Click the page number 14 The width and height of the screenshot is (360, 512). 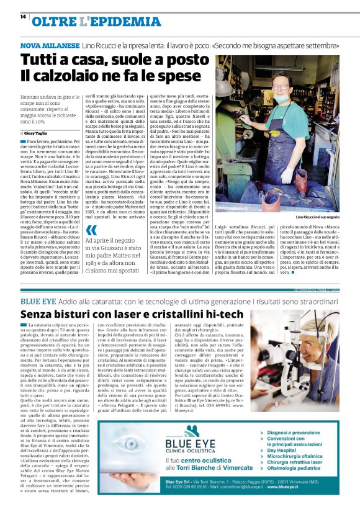[23, 17]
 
